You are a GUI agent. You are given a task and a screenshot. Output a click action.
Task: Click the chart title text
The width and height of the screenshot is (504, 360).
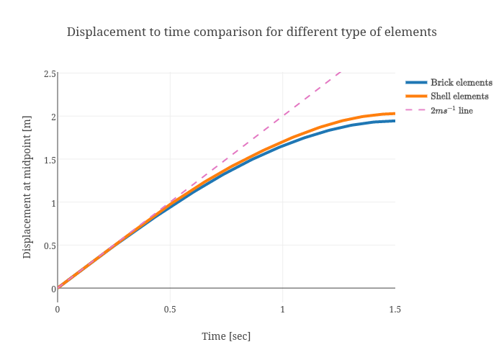(x=251, y=32)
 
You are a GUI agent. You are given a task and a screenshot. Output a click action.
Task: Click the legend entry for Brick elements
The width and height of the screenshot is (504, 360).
(x=461, y=83)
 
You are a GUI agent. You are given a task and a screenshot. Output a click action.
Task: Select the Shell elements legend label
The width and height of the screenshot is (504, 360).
(x=459, y=96)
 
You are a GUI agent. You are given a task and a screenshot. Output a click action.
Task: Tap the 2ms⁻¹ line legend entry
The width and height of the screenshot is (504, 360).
(x=451, y=110)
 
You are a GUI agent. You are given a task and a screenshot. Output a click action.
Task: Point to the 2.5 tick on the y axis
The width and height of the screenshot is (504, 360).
(x=49, y=73)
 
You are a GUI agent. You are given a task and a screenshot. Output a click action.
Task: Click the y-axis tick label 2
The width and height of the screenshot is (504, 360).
(x=53, y=117)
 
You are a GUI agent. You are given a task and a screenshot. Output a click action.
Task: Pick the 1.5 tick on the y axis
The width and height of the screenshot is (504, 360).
(x=49, y=160)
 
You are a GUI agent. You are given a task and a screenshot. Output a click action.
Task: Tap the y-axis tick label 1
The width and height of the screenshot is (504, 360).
(x=53, y=202)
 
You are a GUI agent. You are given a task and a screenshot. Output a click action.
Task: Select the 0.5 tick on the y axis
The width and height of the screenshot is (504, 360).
(x=49, y=246)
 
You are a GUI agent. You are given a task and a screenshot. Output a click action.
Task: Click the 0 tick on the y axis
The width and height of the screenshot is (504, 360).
(x=53, y=289)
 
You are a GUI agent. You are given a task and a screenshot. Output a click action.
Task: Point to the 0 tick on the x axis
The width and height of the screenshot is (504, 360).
(x=58, y=309)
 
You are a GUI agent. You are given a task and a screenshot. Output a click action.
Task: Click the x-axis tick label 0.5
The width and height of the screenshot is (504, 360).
(x=170, y=309)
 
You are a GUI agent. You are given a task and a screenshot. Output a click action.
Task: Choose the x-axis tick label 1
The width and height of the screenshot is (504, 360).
(x=282, y=309)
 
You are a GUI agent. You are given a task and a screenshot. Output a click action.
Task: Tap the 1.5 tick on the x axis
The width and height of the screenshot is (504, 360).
(x=395, y=309)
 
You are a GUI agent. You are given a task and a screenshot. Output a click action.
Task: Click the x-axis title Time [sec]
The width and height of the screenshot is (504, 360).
(x=226, y=336)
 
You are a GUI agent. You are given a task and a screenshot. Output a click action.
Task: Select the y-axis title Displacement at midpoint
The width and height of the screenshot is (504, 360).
(x=27, y=181)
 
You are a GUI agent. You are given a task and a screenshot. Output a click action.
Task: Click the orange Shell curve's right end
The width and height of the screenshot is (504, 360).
(x=395, y=113)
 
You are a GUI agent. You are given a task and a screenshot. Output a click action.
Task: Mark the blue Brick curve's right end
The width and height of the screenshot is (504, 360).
(x=395, y=121)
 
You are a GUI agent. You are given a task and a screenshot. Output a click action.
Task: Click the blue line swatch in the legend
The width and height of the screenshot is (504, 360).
(x=416, y=83)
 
